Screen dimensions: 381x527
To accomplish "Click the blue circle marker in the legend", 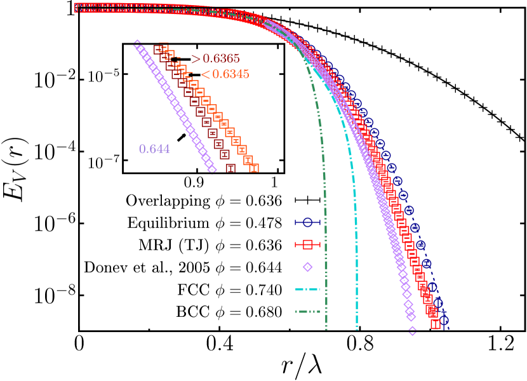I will (308, 222).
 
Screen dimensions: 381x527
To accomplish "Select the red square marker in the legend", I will (308, 244).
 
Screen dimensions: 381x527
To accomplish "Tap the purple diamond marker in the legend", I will (308, 267).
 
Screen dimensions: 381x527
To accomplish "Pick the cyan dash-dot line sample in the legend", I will (307, 289).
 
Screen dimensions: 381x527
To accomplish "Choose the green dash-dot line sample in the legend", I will (307, 311).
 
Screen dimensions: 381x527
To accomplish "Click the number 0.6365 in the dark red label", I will (221, 59).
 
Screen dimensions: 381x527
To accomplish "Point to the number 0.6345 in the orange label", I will (230, 74).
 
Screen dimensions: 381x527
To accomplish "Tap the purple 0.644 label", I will (154, 149).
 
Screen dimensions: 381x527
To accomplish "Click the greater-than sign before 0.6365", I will (196, 59).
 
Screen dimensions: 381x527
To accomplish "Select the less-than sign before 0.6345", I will (206, 75).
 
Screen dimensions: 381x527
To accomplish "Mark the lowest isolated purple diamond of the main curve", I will (412, 331).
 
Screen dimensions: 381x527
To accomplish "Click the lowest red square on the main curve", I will (436, 324).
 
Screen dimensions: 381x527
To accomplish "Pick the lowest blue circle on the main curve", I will (444, 321).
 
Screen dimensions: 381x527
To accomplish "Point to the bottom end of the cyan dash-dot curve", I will (357, 329).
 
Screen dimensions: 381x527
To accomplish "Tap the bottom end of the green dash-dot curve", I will (326, 329).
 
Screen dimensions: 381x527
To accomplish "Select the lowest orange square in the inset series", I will (254, 168).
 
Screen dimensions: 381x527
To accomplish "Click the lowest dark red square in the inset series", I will (230, 168).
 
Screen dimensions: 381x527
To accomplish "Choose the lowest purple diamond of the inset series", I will (212, 169).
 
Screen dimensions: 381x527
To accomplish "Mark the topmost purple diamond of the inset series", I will (137, 43).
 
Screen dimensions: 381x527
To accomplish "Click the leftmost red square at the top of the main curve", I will (78, 8).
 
